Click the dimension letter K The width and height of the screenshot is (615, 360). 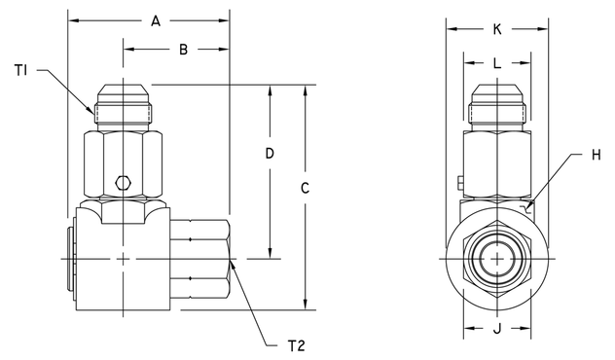[x=497, y=29]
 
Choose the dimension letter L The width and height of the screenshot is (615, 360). [x=497, y=61]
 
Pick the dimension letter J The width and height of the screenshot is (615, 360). [x=497, y=329]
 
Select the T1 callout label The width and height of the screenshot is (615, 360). [x=20, y=69]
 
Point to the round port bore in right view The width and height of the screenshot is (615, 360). [x=497, y=259]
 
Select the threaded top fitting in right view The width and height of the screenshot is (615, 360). [x=497, y=110]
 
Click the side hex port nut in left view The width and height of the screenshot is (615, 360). [x=203, y=259]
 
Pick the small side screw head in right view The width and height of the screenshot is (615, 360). [x=458, y=181]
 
